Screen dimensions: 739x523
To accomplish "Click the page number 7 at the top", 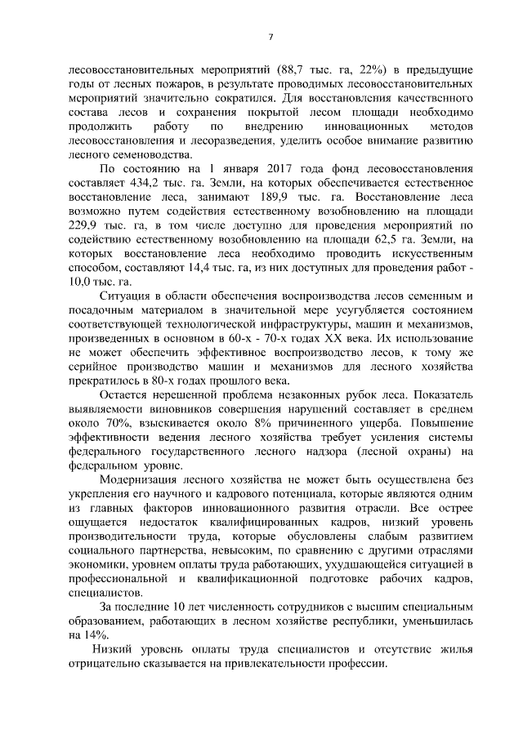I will click(x=270, y=37).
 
